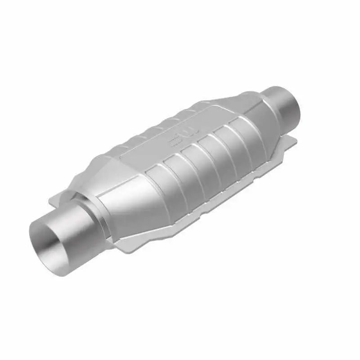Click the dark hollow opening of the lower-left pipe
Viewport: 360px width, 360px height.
[x=49, y=245]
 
